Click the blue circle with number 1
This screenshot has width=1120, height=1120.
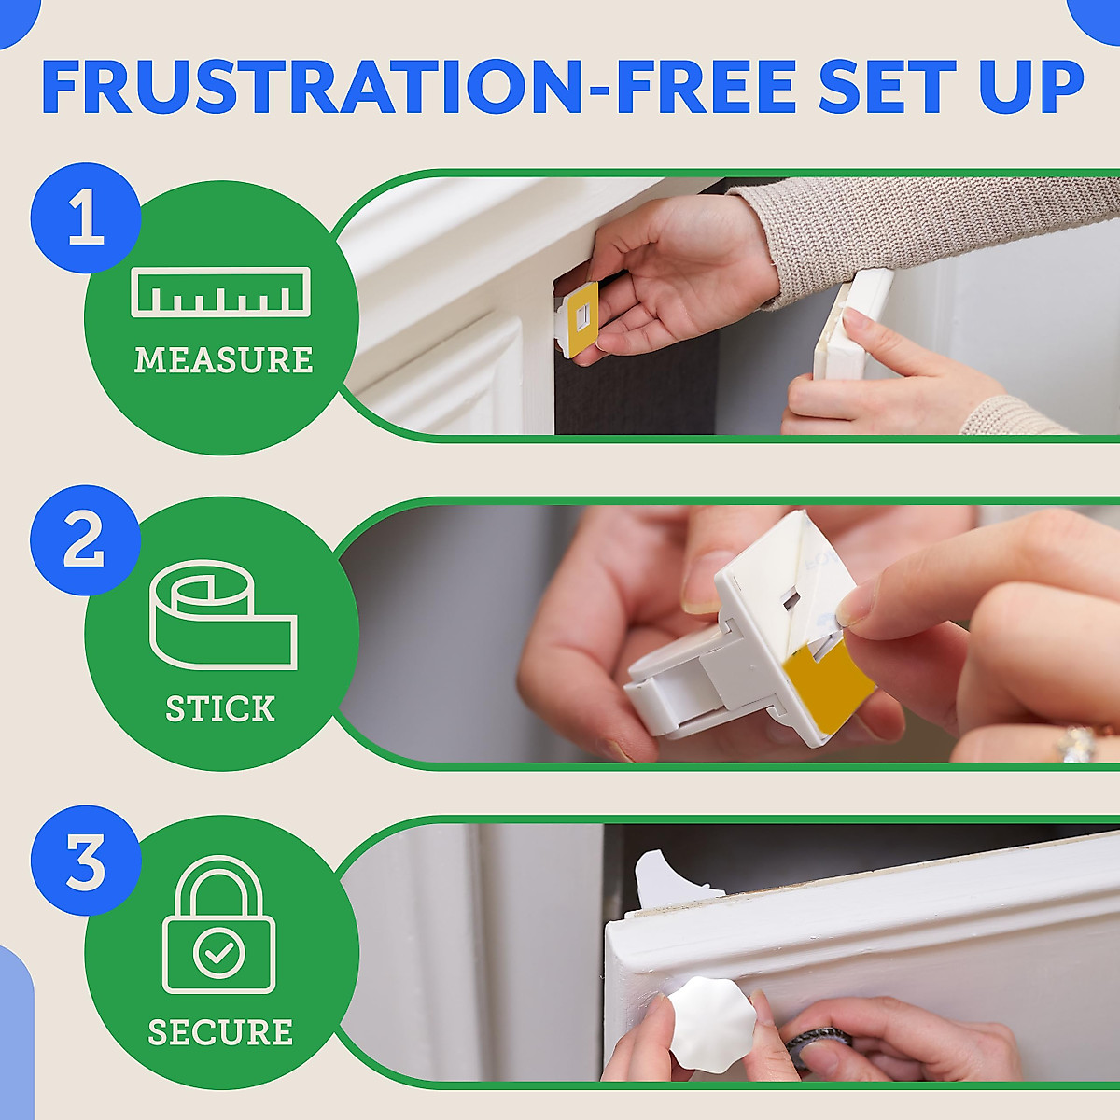85,218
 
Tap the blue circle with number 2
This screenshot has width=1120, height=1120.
85,540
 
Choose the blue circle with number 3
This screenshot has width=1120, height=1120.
85,861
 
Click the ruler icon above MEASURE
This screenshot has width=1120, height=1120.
220,292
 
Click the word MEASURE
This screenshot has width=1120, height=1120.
223,360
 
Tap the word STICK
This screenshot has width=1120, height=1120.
220,709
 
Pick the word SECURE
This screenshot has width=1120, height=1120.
220,1032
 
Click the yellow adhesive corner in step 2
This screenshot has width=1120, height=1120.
826,679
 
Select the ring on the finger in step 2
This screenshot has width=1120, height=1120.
1075,744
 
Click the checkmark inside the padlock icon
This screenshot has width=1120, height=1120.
219,953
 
